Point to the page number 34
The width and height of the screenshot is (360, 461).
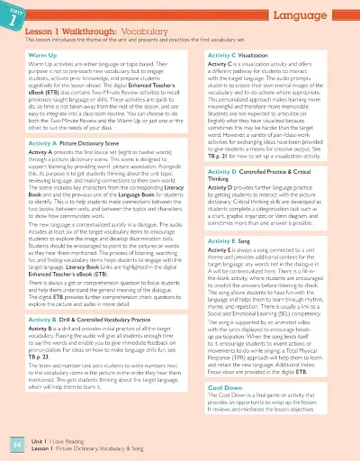pyautogui.click(x=14, y=443)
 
